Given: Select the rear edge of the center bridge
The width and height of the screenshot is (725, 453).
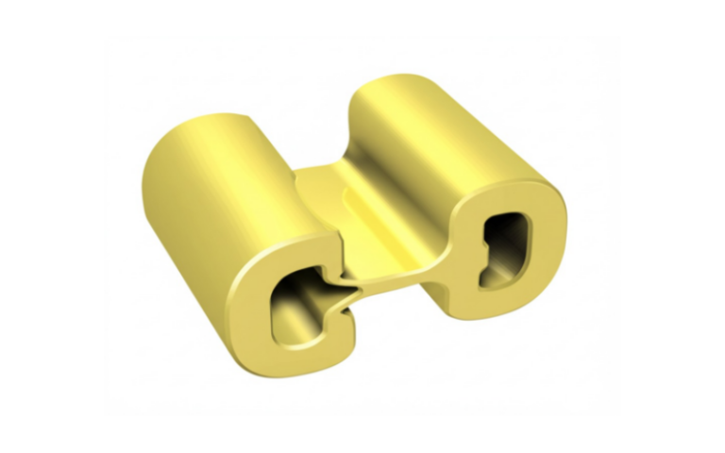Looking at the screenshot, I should [321, 170].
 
